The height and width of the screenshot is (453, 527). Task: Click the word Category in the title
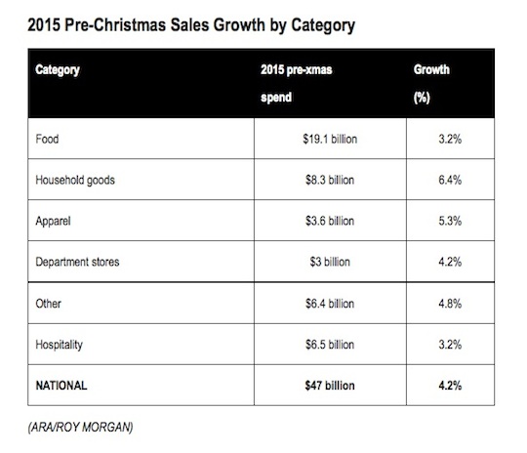click(323, 26)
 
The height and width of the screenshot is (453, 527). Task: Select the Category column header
click(58, 70)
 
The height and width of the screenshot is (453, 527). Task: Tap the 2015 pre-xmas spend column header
click(297, 83)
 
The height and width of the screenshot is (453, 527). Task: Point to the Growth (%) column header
click(431, 83)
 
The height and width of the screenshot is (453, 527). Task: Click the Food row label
click(47, 139)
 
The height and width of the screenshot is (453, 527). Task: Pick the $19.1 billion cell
click(330, 139)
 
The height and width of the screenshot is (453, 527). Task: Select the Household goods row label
click(75, 181)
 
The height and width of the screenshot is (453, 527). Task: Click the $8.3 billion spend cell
click(330, 180)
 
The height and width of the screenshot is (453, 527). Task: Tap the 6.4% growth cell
click(450, 180)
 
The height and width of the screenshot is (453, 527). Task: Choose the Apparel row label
click(53, 222)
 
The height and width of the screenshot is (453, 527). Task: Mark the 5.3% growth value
click(450, 221)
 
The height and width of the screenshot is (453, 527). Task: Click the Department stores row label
click(77, 262)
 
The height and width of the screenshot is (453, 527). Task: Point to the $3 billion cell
click(330, 262)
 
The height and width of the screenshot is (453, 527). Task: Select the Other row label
click(49, 304)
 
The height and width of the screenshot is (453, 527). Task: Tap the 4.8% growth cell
click(450, 304)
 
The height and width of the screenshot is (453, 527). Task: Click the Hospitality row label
click(60, 345)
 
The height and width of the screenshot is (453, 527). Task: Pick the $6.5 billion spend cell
click(330, 345)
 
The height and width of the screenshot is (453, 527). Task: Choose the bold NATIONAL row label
click(61, 386)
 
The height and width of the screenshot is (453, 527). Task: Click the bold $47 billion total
click(330, 386)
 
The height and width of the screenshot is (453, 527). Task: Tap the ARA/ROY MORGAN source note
click(81, 427)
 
